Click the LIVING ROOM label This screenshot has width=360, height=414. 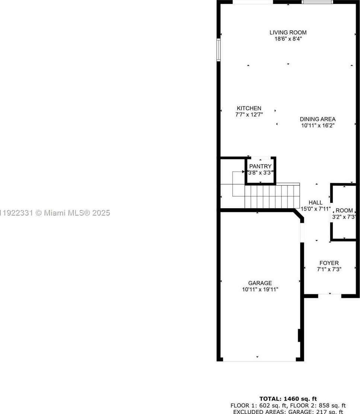coord(288,32)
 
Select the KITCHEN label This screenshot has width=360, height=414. coord(249,108)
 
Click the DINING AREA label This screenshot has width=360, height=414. coord(318,119)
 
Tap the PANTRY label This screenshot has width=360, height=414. coord(260,166)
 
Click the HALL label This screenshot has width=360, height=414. coord(315,203)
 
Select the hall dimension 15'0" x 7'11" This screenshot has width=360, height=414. coord(315,209)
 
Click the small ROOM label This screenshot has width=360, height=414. coord(344,210)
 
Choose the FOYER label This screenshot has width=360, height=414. coord(329,263)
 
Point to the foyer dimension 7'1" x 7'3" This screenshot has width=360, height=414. coord(329,269)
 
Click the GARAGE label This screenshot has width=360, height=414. coord(260,283)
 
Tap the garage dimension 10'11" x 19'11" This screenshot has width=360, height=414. coord(260,289)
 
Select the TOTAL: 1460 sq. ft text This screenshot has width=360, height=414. coord(288,399)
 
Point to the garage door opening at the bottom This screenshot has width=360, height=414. coord(259,360)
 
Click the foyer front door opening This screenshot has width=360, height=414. coord(329,296)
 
